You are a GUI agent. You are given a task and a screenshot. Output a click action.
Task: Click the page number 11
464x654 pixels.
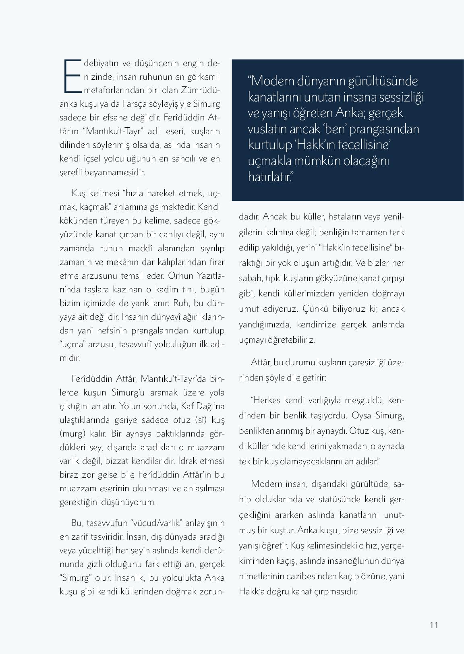tap(433, 625)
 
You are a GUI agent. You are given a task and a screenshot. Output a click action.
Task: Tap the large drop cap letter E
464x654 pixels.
tap(72, 76)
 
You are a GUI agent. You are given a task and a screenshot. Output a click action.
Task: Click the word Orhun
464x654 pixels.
tap(180, 276)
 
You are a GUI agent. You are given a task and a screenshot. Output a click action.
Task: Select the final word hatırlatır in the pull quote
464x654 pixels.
tap(269, 176)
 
